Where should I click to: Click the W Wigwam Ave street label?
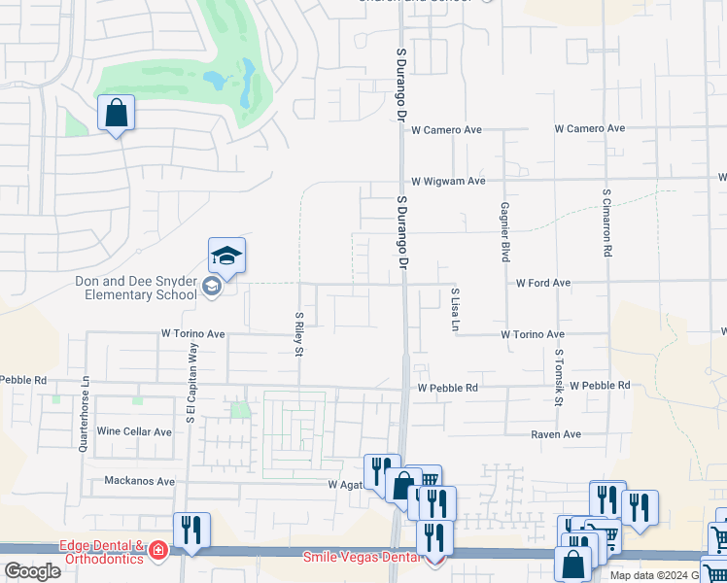(447, 181)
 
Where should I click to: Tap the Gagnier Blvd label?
(504, 232)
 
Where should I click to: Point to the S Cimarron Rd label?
(606, 223)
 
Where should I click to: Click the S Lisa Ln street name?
(454, 309)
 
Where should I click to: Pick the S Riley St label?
(298, 333)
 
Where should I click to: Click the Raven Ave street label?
(555, 434)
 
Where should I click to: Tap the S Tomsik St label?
(558, 379)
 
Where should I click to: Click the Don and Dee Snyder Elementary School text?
(135, 288)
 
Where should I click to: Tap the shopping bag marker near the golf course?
(116, 113)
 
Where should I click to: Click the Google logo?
(33, 571)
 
